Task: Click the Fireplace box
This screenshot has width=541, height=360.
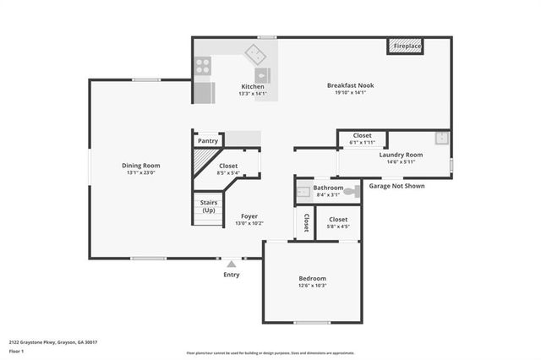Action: pyautogui.click(x=405, y=46)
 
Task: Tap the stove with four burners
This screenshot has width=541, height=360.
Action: pyautogui.click(x=203, y=65)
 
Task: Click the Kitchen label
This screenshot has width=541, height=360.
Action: pyautogui.click(x=253, y=87)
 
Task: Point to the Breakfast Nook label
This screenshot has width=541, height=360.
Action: pyautogui.click(x=351, y=85)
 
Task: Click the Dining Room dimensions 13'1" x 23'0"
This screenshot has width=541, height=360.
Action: pyautogui.click(x=140, y=173)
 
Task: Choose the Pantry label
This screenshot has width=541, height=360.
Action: pyautogui.click(x=208, y=141)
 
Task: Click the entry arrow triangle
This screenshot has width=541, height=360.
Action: pyautogui.click(x=231, y=264)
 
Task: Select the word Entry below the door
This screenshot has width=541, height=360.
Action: pyautogui.click(x=231, y=275)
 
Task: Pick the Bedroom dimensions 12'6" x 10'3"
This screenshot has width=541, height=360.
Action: pyautogui.click(x=312, y=286)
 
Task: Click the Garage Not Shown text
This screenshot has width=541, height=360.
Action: pyautogui.click(x=396, y=186)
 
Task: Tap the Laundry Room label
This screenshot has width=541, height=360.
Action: pyautogui.click(x=401, y=155)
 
